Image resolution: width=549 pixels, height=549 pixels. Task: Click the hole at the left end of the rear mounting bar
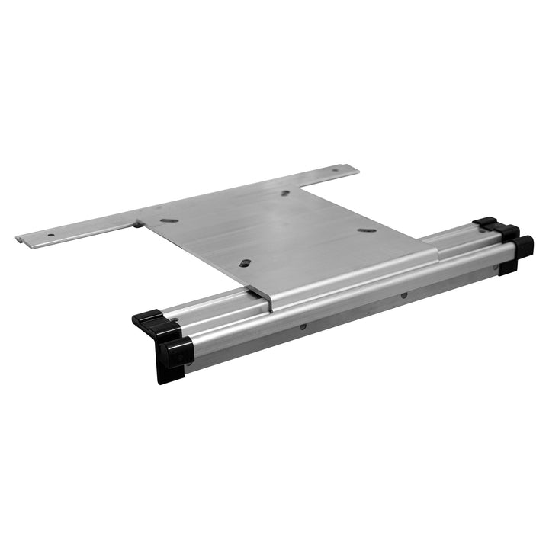tap(50, 234)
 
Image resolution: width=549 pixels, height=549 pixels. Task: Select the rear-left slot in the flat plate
tap(170, 220)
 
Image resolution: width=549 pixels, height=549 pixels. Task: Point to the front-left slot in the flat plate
tap(245, 262)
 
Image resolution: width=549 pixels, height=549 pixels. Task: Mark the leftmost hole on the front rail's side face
tap(303, 327)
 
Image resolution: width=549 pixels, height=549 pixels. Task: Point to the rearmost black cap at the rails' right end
tap(486, 223)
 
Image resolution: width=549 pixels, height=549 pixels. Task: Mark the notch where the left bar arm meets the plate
tap(139, 223)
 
